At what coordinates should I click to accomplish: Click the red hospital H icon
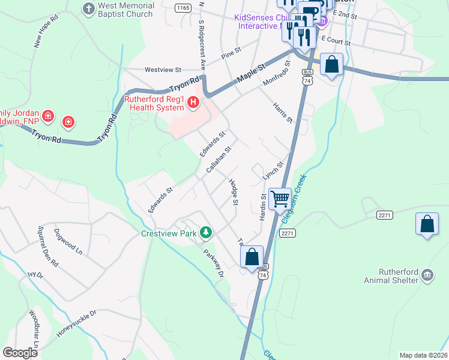[193, 103]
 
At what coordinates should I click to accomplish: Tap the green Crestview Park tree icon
[206, 232]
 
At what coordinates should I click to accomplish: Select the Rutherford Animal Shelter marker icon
[427, 274]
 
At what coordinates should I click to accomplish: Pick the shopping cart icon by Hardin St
[280, 198]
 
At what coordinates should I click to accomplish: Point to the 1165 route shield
[183, 7]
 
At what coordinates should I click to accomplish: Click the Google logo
[20, 352]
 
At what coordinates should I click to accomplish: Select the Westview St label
[163, 70]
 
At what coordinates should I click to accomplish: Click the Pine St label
[231, 53]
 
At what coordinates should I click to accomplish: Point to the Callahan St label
[218, 160]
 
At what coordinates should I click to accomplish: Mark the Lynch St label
[273, 171]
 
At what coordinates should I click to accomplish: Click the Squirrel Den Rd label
[47, 246]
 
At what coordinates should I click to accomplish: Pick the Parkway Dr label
[212, 263]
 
